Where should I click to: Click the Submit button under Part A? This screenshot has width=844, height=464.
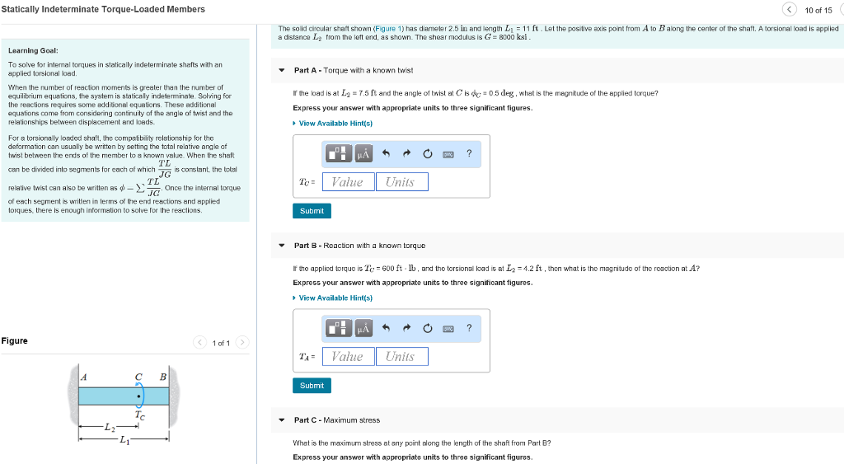[312, 211]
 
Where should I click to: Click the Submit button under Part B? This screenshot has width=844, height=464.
[312, 386]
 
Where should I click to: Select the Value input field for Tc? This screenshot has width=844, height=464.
[348, 182]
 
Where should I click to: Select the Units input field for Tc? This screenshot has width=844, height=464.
[400, 182]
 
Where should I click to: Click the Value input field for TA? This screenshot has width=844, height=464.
[348, 357]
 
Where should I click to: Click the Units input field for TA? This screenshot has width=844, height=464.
[400, 357]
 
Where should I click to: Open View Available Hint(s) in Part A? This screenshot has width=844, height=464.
[335, 124]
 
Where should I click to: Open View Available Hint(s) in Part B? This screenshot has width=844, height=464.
[335, 298]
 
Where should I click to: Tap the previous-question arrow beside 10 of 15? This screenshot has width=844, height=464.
[790, 9]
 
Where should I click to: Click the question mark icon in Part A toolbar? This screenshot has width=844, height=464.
[469, 153]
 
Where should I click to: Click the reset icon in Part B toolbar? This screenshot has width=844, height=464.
[428, 328]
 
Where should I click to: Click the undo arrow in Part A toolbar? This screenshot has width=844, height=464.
[387, 153]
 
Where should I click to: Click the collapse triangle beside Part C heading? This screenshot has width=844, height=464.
[282, 420]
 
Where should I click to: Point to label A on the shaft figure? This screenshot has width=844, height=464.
[83, 377]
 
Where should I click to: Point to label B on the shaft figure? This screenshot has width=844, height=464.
[162, 377]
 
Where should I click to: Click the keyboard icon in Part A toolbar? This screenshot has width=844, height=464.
[448, 154]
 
